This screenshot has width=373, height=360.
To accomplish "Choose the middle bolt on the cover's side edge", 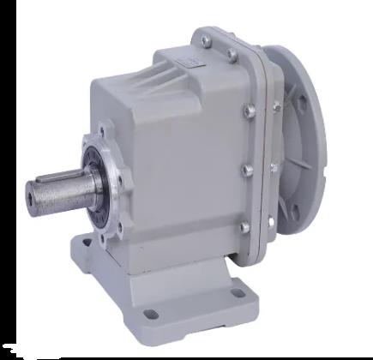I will (x=248, y=171).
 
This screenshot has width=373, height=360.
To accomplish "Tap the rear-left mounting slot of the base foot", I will (x=87, y=245).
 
